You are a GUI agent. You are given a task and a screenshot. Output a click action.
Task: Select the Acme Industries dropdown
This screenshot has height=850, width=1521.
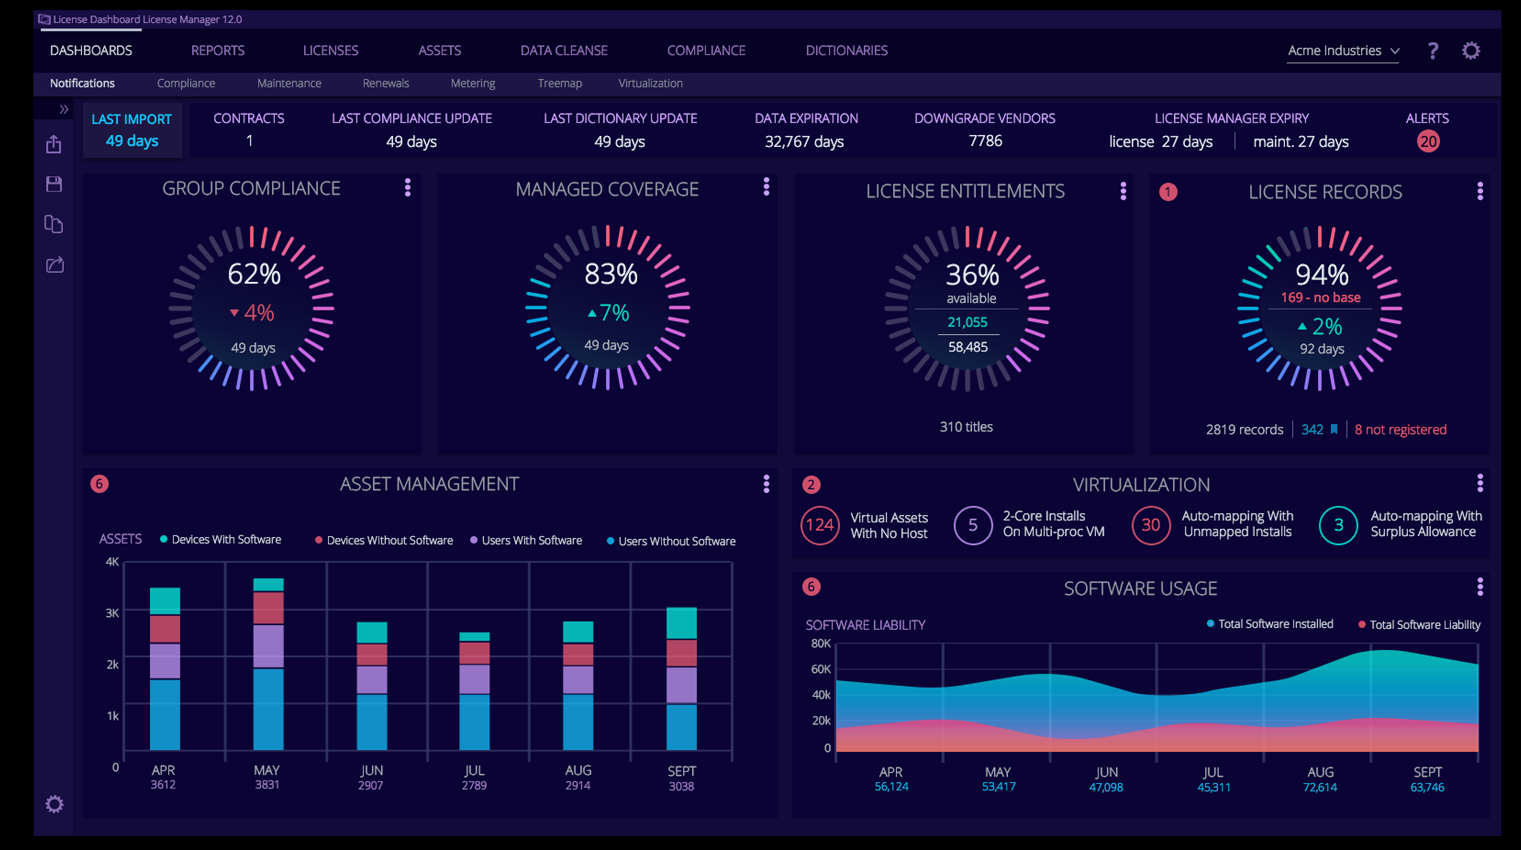click(x=1342, y=51)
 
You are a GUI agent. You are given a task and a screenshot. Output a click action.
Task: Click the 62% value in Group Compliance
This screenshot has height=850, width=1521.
click(x=254, y=274)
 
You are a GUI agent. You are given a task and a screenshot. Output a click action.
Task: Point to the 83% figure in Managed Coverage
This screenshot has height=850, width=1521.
click(x=611, y=274)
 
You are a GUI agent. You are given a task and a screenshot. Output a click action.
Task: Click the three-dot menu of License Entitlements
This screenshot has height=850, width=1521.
click(x=1122, y=191)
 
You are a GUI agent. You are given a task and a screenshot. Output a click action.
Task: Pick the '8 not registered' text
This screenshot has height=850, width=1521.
click(x=1400, y=429)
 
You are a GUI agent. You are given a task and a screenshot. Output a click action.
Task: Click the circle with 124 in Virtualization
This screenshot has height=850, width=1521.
click(x=820, y=525)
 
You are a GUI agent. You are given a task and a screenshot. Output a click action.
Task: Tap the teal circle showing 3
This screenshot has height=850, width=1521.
click(x=1338, y=525)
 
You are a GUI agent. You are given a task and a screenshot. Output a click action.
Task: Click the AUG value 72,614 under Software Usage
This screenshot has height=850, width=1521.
click(x=1320, y=787)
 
